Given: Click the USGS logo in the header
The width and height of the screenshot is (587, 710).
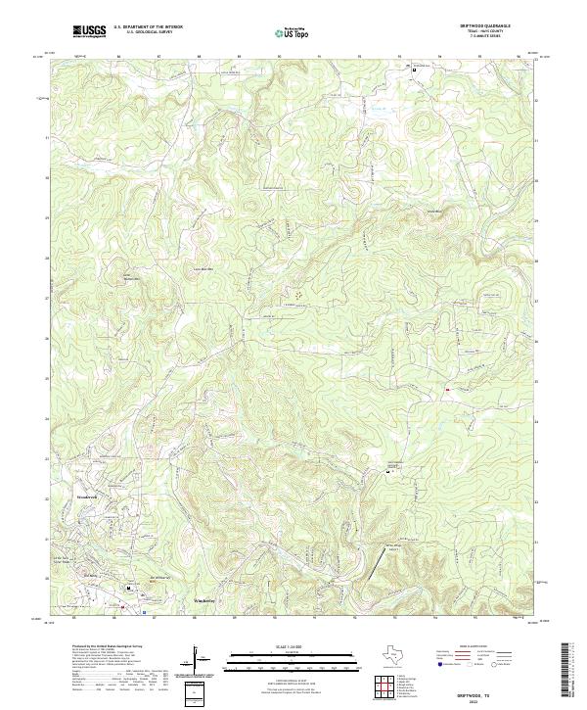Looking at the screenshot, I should [x=89, y=31].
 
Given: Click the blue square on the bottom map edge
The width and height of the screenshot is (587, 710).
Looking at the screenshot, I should [x=144, y=614].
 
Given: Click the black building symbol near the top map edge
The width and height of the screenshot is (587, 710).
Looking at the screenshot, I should [x=414, y=71].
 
